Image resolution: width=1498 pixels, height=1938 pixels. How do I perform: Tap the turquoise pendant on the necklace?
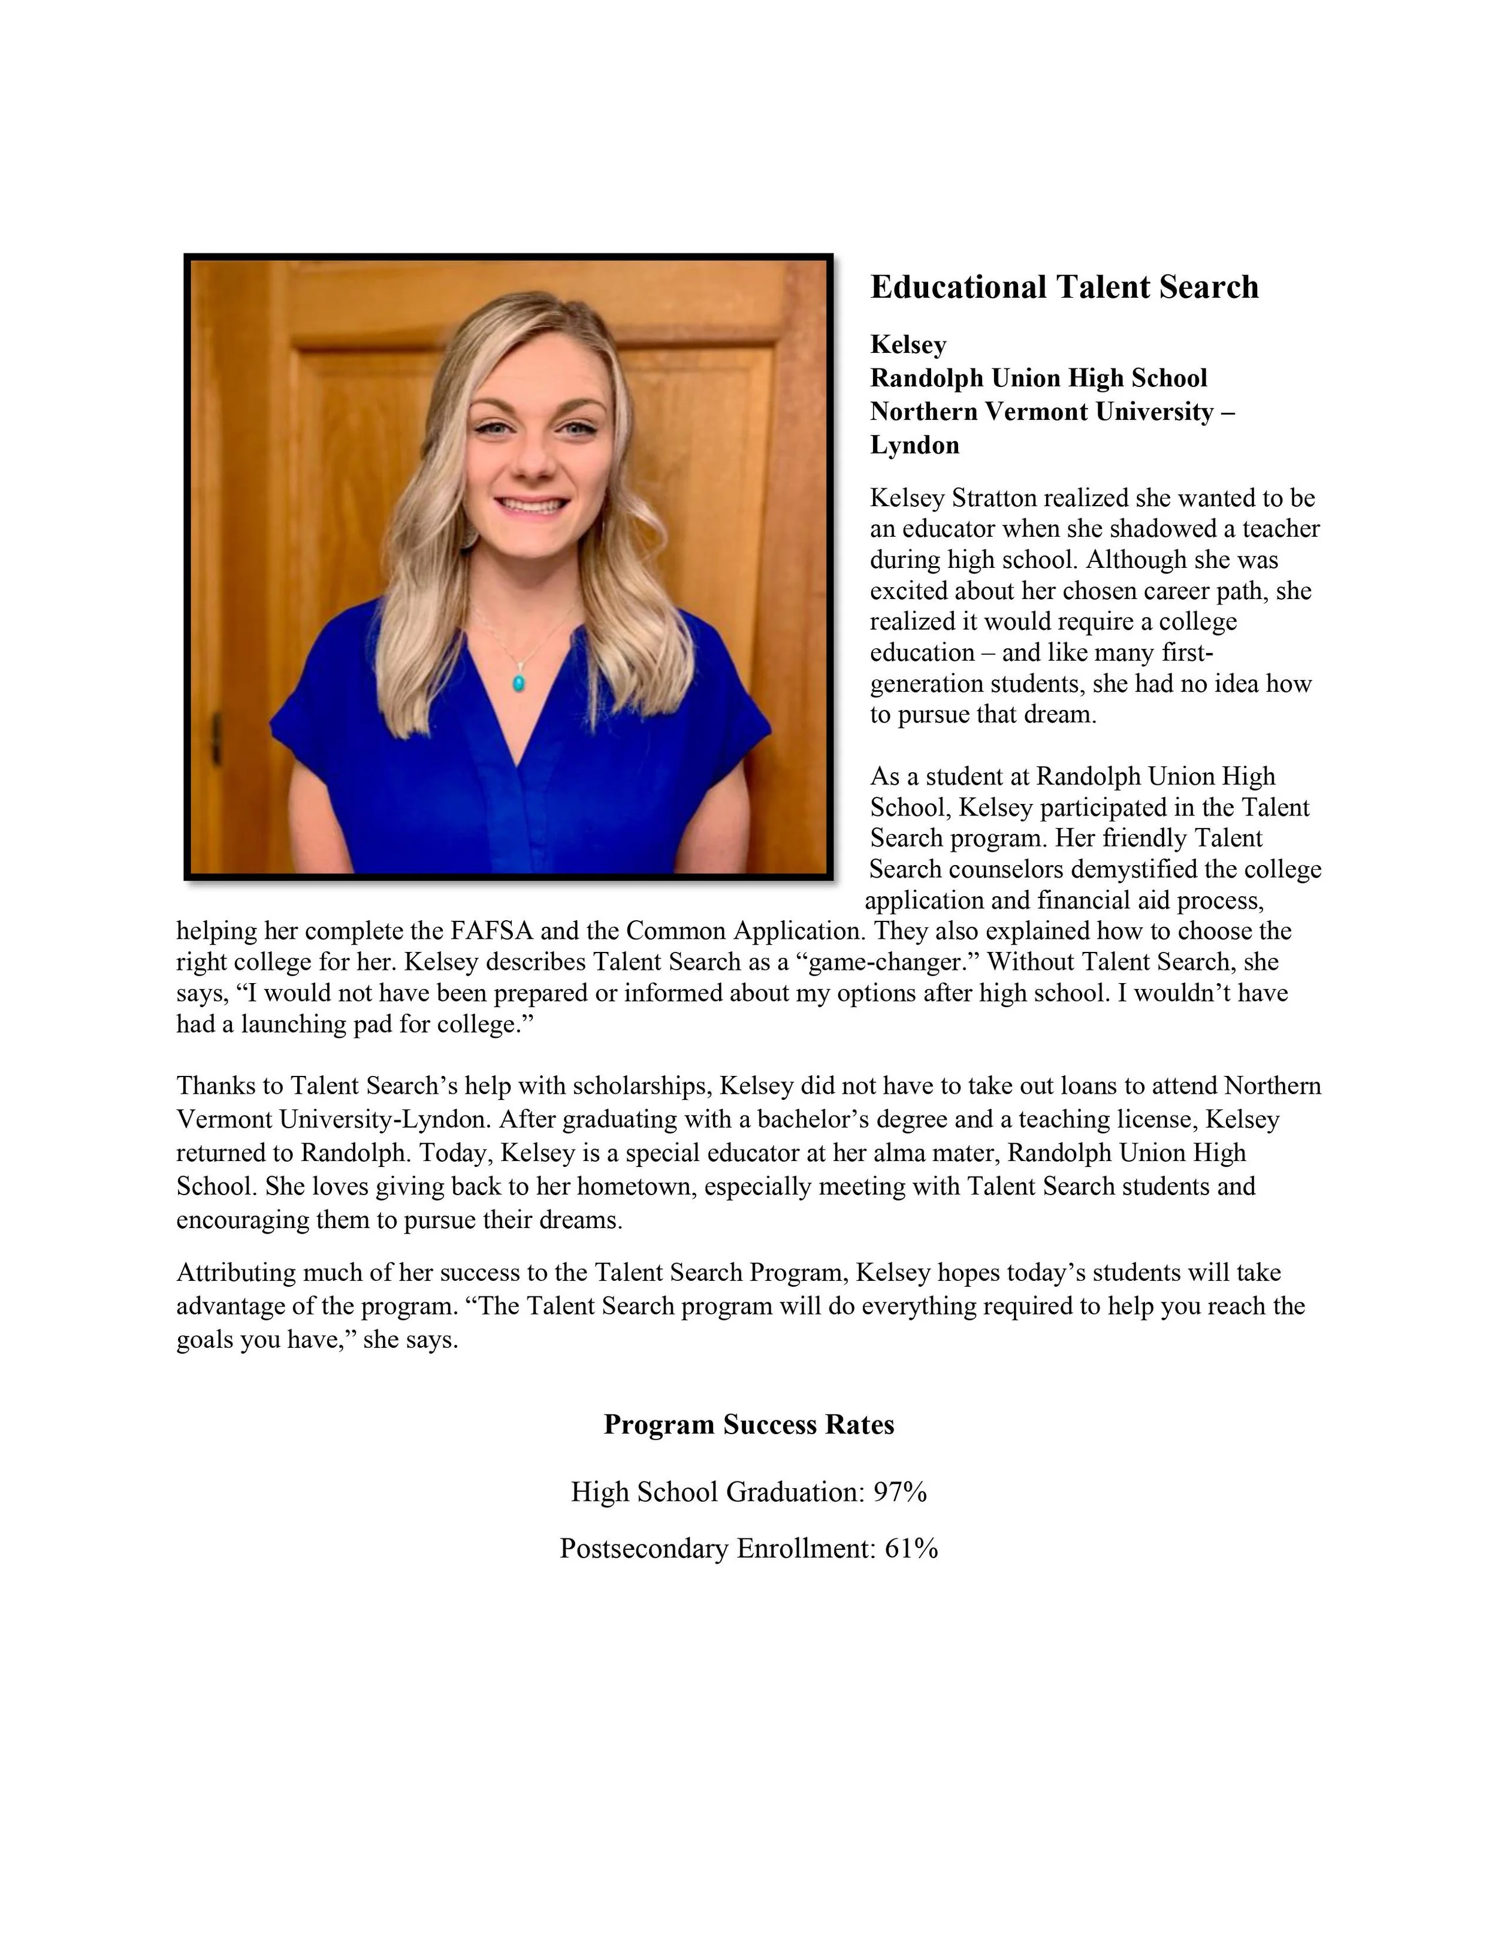518,682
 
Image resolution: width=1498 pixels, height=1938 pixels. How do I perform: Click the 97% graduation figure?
900,1492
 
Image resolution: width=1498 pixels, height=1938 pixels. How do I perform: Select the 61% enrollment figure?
911,1549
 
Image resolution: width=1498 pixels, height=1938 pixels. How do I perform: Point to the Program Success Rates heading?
748,1424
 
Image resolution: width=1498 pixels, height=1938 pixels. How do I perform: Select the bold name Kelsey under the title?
908,344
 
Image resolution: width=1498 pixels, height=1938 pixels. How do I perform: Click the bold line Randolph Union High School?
1038,378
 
